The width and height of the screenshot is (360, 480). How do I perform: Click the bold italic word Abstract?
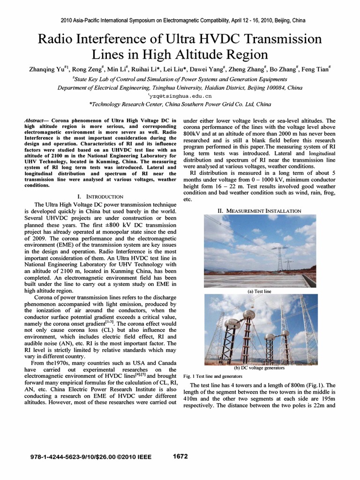coord(36,120)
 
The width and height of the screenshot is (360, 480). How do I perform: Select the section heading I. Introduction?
coord(100,196)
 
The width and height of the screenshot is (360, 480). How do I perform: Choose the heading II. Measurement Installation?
coord(259,211)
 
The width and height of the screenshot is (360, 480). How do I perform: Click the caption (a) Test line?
coord(259,291)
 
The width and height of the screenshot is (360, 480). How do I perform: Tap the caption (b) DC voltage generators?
coord(259,368)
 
